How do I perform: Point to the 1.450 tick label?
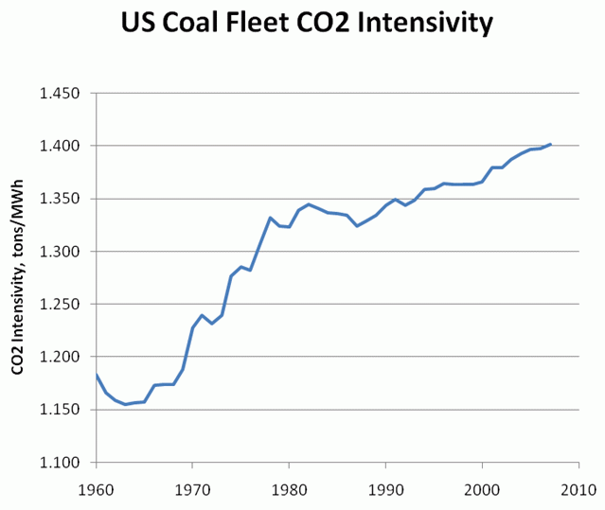[x=60, y=94]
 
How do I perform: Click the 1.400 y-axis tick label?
[x=60, y=146]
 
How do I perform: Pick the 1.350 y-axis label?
[x=60, y=199]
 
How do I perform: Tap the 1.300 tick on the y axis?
[x=60, y=252]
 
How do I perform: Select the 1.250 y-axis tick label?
[x=60, y=305]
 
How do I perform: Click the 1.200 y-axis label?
[x=60, y=357]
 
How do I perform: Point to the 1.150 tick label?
[x=60, y=410]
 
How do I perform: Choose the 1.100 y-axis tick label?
[x=60, y=463]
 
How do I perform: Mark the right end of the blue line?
[x=550, y=145]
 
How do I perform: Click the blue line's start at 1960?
[x=97, y=375]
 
